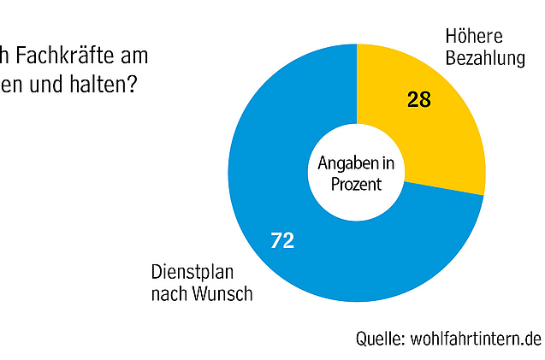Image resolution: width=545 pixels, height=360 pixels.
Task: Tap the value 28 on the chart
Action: (x=418, y=100)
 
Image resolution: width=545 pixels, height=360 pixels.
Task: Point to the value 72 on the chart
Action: (x=282, y=241)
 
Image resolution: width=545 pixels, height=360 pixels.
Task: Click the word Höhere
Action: (x=473, y=37)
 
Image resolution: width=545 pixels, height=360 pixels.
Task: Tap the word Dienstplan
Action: (x=194, y=274)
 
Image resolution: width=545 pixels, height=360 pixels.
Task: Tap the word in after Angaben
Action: (x=388, y=162)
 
